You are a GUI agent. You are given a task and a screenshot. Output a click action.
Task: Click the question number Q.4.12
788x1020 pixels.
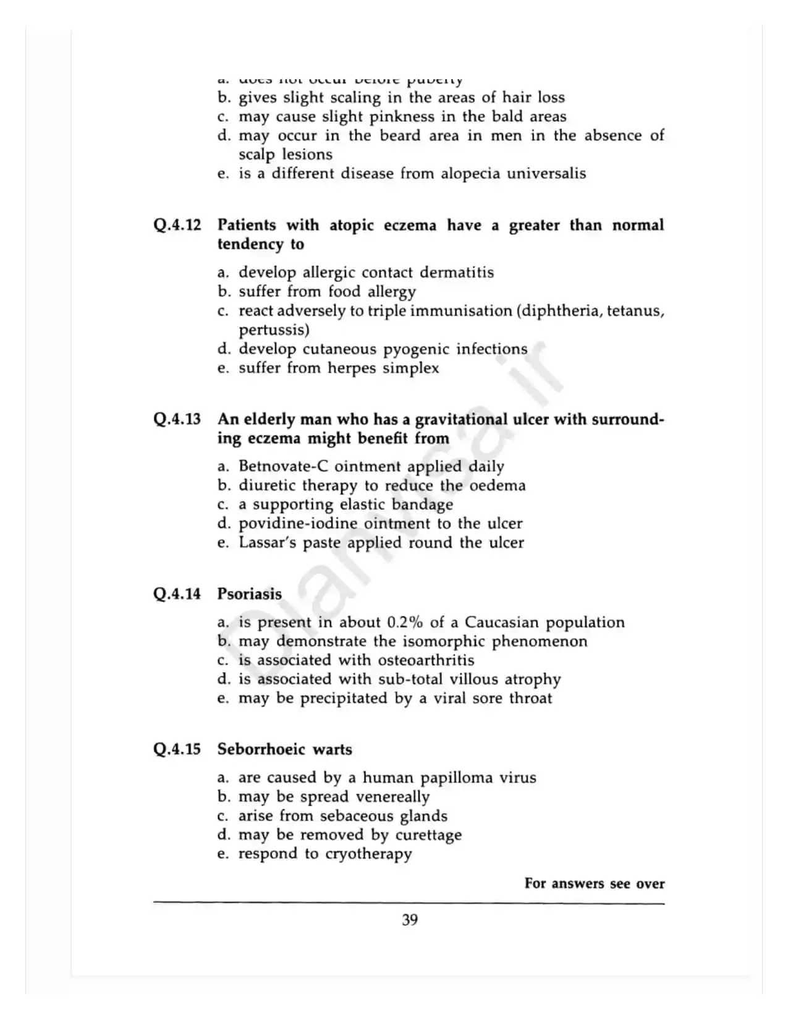pos(177,225)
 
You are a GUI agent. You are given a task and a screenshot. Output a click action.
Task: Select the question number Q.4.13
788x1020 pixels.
pos(177,419)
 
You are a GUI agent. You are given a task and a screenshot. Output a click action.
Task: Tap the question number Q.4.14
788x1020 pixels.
pos(177,594)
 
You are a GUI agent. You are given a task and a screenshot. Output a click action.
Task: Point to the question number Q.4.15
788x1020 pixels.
pos(177,749)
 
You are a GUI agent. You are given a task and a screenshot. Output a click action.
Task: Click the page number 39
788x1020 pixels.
pos(410,920)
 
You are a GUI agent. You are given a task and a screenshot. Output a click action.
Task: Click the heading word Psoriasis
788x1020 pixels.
pos(249,594)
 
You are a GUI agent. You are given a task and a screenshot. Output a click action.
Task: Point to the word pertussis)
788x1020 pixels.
pos(274,329)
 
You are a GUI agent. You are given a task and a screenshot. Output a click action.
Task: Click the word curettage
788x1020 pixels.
pos(428,835)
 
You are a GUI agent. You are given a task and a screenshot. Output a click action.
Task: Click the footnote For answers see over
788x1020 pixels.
pos(594,883)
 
